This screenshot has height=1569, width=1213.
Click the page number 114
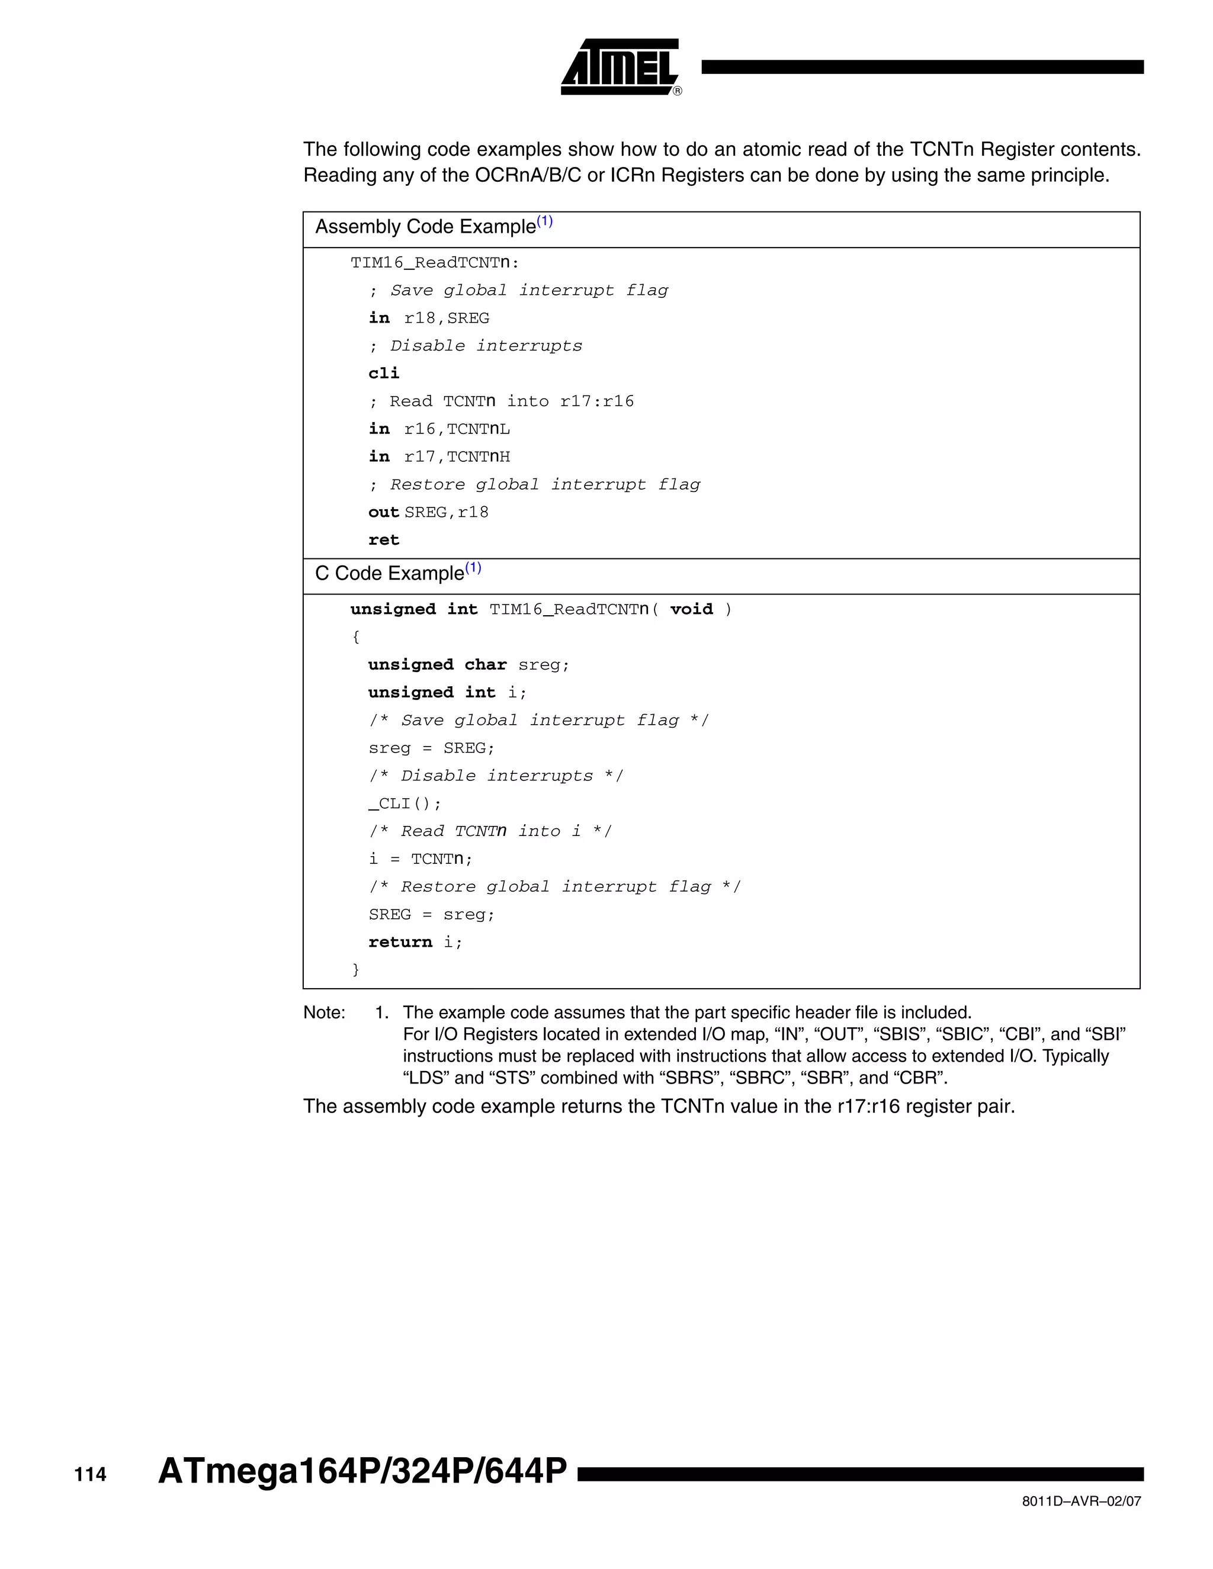tap(91, 1474)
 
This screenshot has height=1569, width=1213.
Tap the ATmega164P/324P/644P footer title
tap(362, 1471)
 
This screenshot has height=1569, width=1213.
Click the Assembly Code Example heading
tap(425, 227)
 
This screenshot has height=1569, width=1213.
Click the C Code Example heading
tap(390, 573)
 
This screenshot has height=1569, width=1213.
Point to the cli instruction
tap(384, 374)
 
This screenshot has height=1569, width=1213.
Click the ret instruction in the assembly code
tap(384, 540)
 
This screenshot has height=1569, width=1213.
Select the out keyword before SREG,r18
tap(383, 512)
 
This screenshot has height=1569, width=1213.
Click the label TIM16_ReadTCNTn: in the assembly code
tap(435, 263)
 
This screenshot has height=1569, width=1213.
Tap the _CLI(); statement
tap(405, 803)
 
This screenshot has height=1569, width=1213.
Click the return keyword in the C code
tap(400, 942)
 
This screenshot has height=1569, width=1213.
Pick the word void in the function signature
tap(691, 609)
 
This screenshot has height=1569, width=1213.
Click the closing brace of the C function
tap(355, 970)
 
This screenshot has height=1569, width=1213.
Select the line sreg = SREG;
tap(432, 748)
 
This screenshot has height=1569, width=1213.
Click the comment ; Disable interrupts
tap(475, 346)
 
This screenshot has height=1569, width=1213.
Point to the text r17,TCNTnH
tap(457, 457)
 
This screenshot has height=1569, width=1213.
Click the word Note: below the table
tap(324, 1012)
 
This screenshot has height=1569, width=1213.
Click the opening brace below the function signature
tap(355, 637)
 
